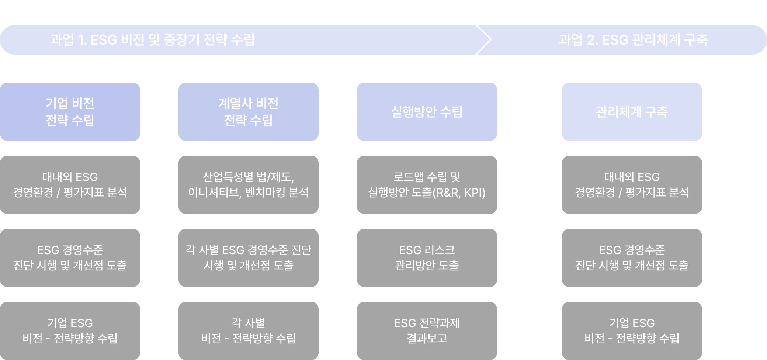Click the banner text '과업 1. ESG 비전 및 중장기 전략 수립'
click(x=152, y=39)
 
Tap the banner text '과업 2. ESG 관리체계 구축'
click(x=633, y=39)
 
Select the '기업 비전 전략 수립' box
click(x=70, y=111)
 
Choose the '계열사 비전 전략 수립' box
click(x=249, y=111)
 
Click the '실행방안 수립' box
click(x=427, y=111)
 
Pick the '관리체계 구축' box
click(x=632, y=111)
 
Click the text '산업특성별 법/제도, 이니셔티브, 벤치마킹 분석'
click(x=249, y=184)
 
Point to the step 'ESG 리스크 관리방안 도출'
click(x=427, y=257)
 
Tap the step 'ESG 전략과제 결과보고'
click(x=427, y=330)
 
